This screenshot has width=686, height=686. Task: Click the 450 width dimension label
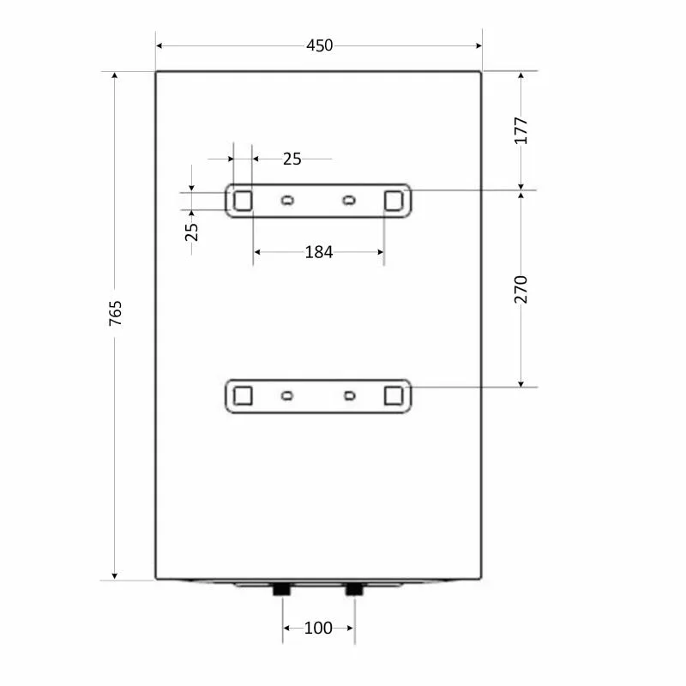point(319,45)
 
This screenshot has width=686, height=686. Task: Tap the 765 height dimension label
point(116,313)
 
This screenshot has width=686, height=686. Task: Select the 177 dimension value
point(521,130)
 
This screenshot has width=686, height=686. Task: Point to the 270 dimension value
point(521,289)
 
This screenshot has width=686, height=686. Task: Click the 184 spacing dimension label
point(318,252)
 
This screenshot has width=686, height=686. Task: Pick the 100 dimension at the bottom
point(318,628)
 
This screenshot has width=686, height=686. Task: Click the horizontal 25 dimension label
point(292,159)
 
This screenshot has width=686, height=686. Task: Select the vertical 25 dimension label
point(191,232)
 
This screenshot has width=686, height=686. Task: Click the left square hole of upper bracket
point(243,201)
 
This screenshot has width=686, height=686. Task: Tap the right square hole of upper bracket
point(394,201)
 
